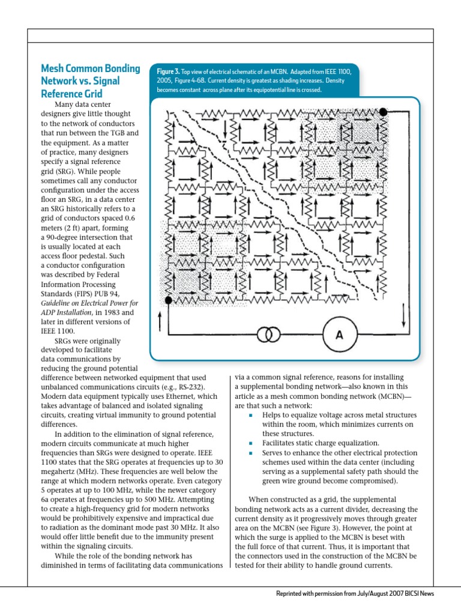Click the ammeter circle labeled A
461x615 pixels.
[339, 335]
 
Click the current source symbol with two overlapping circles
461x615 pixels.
[268, 335]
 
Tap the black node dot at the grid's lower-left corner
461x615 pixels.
[169, 300]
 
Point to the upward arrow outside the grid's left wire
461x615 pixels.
[160, 322]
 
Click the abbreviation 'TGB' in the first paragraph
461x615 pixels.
[115, 132]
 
